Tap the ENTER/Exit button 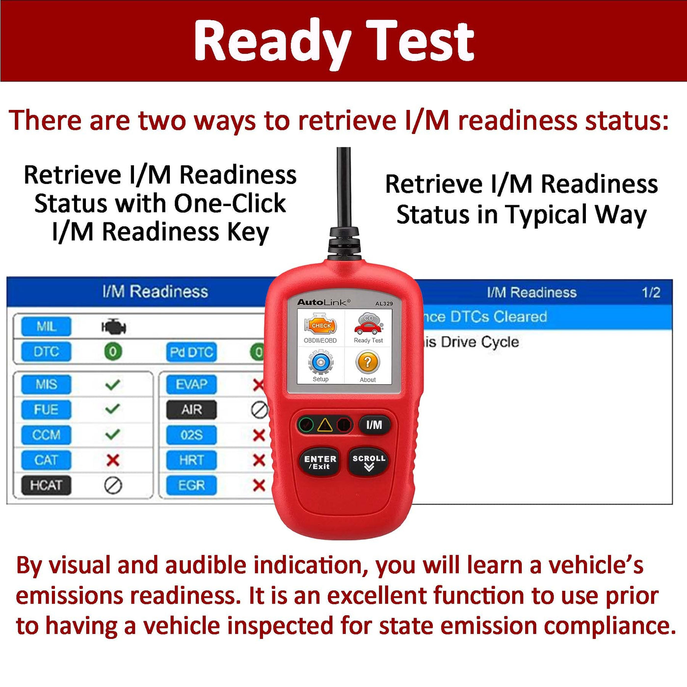[319, 462]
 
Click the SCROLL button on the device [369, 461]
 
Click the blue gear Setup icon [320, 362]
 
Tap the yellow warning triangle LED [324, 425]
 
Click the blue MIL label [46, 326]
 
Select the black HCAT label [46, 485]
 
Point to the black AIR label [191, 410]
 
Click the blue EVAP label [191, 384]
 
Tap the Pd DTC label [191, 352]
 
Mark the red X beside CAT [113, 460]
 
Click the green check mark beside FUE [113, 409]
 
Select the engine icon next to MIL [113, 326]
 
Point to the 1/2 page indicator [651, 292]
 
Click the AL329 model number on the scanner [384, 304]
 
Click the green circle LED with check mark [306, 425]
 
